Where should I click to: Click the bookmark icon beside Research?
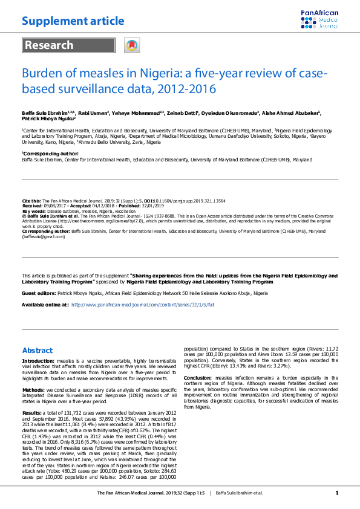tap(131, 45)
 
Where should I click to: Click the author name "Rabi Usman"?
tap(94, 113)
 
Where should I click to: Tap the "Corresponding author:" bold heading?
tap(45, 154)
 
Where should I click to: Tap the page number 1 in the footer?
tap(337, 493)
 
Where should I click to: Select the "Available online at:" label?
tap(44, 305)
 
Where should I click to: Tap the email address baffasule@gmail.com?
tap(44, 236)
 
